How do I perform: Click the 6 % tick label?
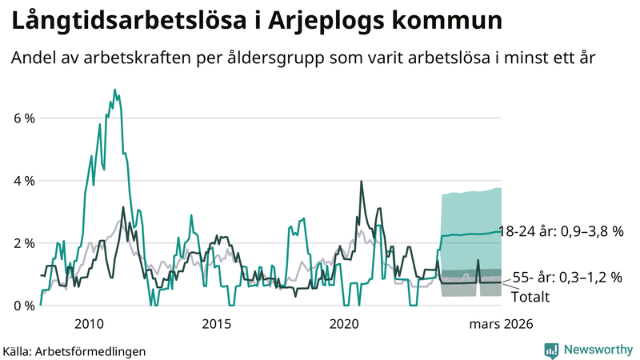tap(23, 118)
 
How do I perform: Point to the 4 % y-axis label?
tap(23, 181)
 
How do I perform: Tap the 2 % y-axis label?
tap(23, 243)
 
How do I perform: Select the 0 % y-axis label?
tap(23, 306)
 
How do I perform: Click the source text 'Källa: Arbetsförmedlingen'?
tap(74, 350)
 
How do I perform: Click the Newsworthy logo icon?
tap(551, 350)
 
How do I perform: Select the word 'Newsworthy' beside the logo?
tap(596, 350)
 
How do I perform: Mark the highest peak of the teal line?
tap(114, 90)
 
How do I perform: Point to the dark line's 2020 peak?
tap(362, 182)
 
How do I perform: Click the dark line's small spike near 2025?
tap(478, 261)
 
